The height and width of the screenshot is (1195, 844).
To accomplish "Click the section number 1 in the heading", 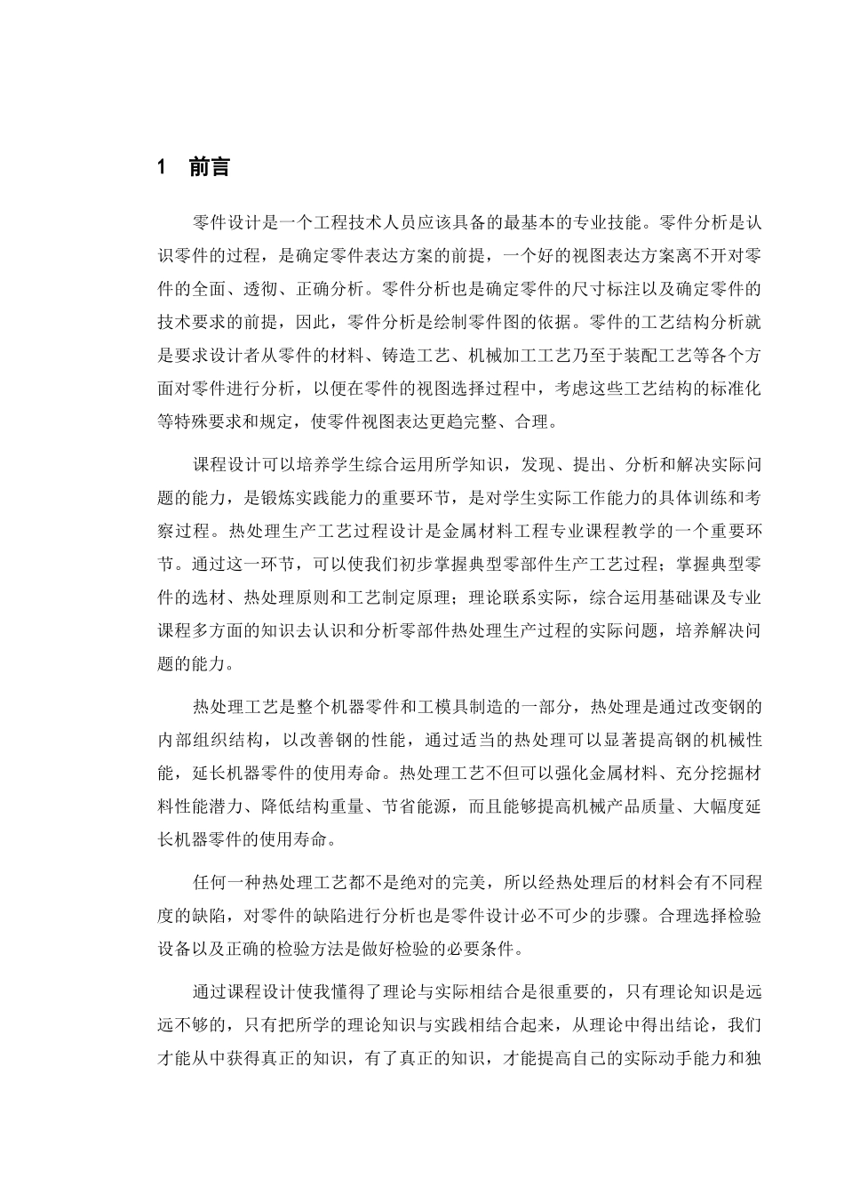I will (162, 166).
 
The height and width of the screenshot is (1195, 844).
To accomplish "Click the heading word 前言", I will (209, 166).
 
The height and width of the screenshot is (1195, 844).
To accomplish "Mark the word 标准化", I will (734, 389).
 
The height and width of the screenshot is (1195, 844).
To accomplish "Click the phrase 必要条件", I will (483, 947).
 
